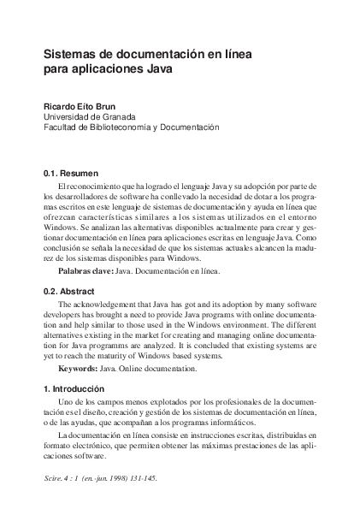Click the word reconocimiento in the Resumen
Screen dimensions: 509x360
(x=94, y=185)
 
